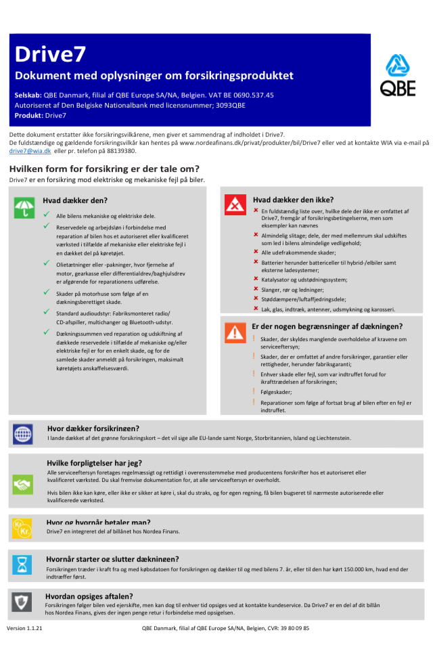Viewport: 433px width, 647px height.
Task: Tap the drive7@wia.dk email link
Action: point(30,151)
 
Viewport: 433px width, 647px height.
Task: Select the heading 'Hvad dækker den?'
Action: point(75,200)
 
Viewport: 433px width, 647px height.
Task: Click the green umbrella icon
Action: point(24,207)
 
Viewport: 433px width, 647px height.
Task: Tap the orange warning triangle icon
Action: point(235,332)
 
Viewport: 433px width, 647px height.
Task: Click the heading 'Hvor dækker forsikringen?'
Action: point(93,428)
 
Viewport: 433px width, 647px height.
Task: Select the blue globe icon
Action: point(23,434)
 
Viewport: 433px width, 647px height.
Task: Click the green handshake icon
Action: point(23,484)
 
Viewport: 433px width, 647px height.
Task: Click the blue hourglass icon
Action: point(23,564)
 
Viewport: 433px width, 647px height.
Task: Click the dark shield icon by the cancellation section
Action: point(23,602)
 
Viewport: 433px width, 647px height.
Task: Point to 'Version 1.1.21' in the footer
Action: point(24,628)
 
